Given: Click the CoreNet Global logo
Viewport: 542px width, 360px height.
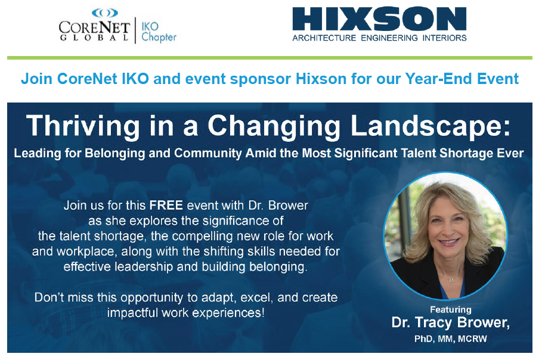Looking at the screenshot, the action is [94, 25].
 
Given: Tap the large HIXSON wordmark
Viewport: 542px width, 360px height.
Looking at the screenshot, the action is [379, 19].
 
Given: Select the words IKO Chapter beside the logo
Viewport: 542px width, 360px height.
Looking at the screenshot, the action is [159, 32].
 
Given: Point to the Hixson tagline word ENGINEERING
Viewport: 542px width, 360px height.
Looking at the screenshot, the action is [389, 38].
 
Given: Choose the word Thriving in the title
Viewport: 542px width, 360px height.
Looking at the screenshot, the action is [83, 127].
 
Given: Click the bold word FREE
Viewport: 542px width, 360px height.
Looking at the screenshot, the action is [166, 206].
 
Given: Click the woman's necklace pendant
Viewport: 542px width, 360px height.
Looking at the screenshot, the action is [451, 280].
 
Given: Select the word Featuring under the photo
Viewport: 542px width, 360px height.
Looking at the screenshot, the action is [451, 309].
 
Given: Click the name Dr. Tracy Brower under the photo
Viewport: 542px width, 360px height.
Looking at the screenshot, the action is [450, 322].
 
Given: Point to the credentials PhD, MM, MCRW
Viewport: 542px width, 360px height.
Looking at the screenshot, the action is [451, 339].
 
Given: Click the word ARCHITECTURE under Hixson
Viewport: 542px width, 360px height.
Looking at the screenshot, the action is [324, 38].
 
